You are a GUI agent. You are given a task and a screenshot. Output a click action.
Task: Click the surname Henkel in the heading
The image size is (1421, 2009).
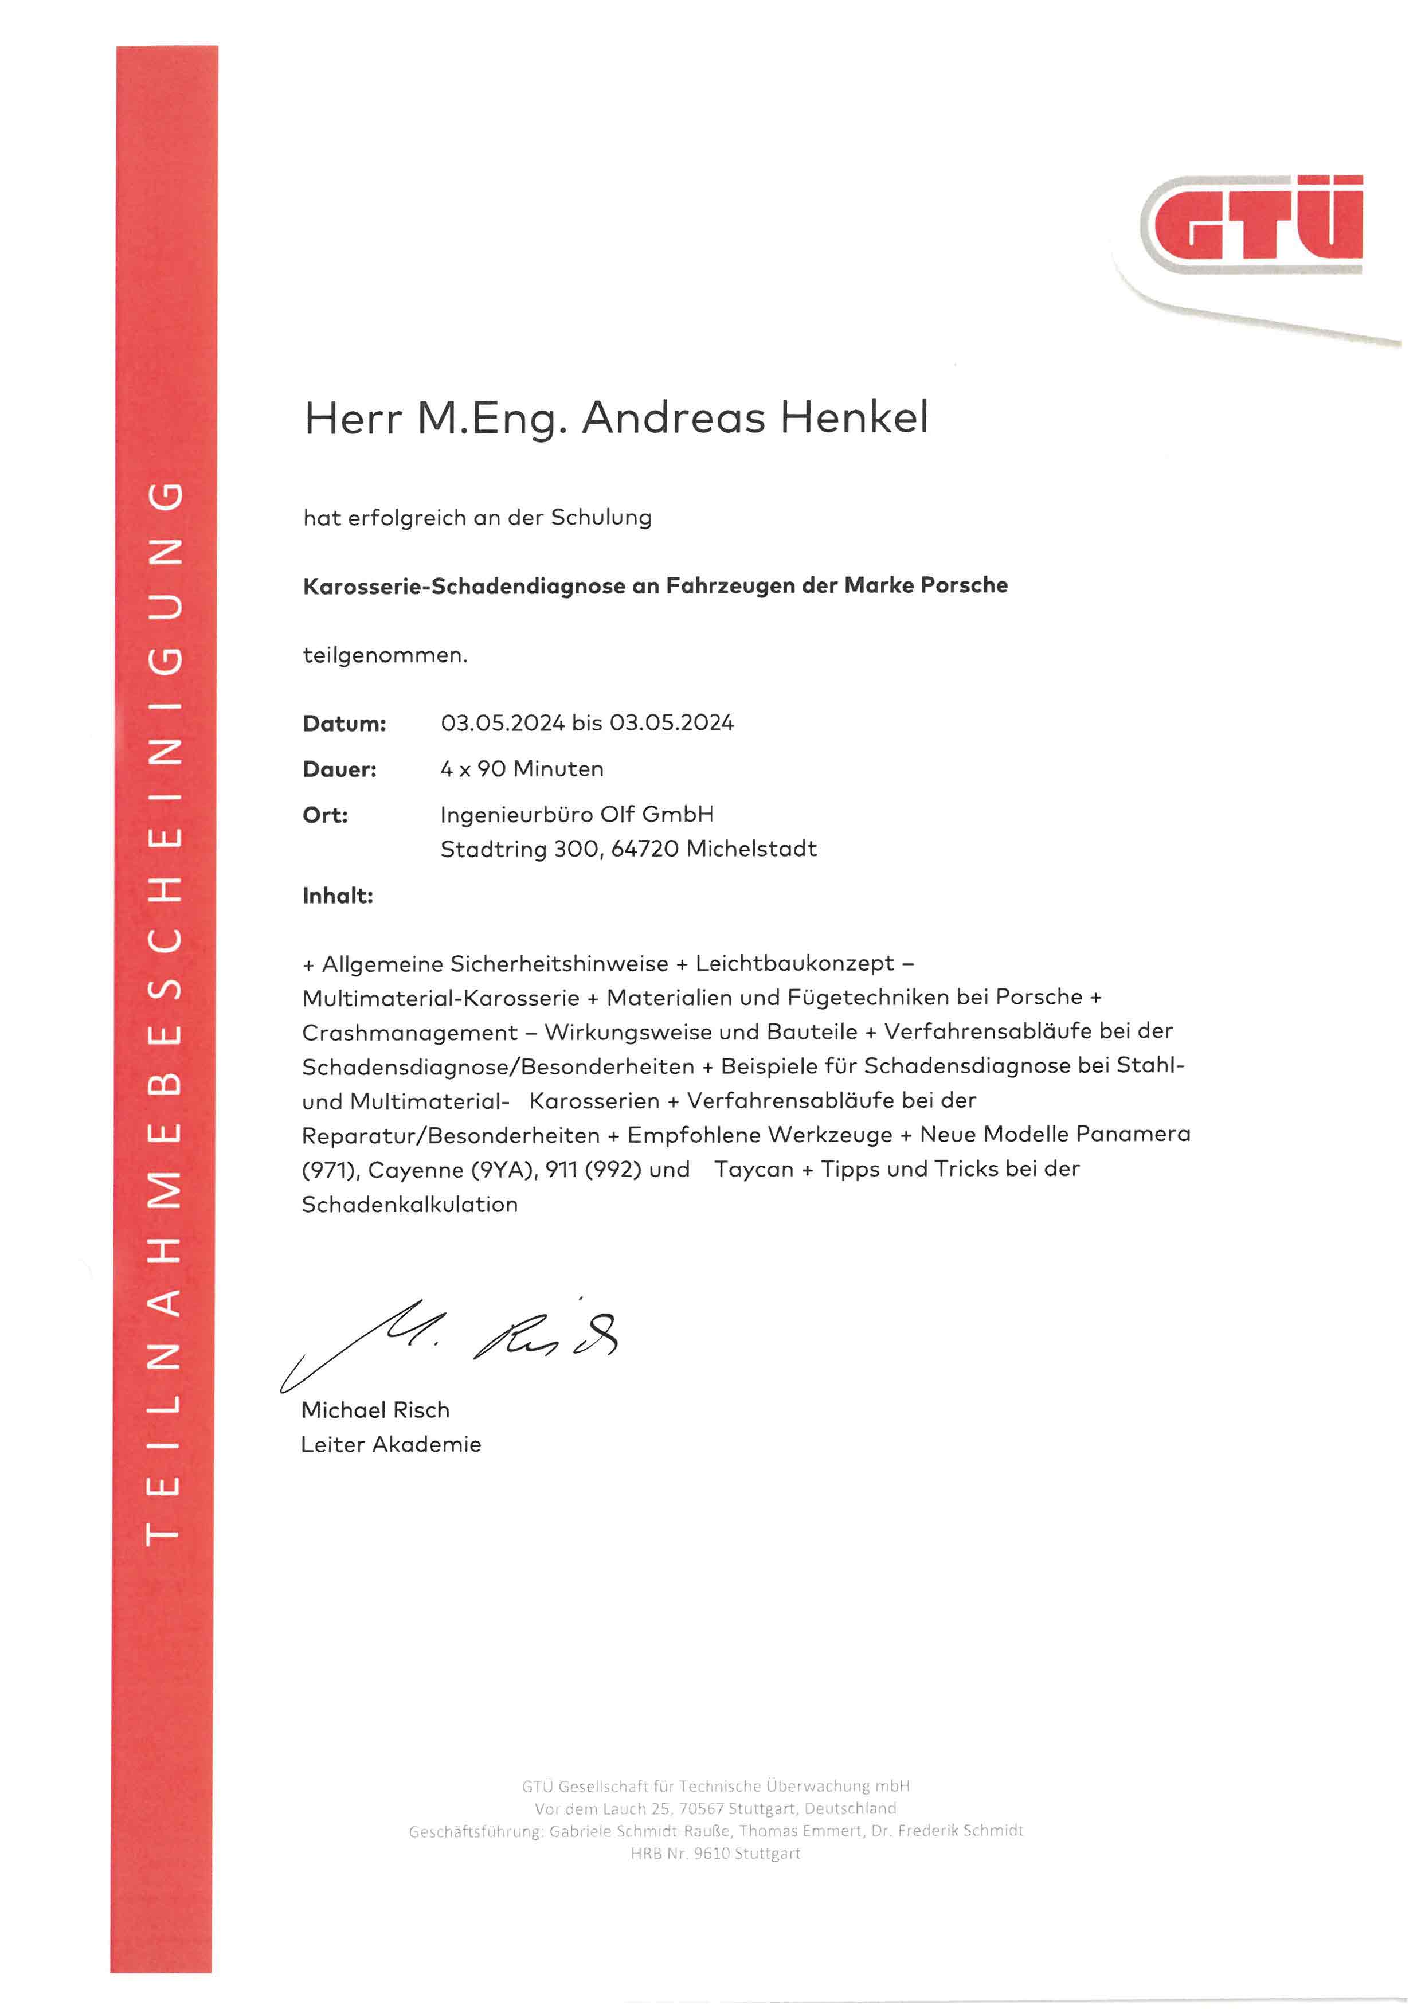tap(854, 417)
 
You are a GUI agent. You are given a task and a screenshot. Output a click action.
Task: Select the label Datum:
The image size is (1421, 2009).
tap(344, 724)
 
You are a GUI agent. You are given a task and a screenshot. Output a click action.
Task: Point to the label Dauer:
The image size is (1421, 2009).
tap(339, 770)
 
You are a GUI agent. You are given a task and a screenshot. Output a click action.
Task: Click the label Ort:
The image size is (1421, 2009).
tap(324, 815)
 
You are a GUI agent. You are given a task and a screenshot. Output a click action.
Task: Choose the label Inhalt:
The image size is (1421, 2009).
tap(338, 896)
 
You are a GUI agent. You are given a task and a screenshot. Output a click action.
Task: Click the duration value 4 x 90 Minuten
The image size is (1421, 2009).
tap(522, 769)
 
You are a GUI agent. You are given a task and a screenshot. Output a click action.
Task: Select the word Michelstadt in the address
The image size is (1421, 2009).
tap(751, 849)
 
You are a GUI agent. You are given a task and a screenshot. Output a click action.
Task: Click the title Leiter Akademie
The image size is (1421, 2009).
tap(390, 1445)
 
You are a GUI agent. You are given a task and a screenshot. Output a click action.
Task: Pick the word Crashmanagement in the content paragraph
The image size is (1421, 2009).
tap(409, 1033)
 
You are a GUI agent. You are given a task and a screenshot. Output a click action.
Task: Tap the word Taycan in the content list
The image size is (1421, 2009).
tap(753, 1169)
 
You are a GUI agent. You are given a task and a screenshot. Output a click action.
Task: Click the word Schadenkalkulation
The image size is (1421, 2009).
tap(409, 1205)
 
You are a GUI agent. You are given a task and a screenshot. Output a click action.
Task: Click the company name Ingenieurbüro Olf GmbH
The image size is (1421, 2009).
tap(577, 815)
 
